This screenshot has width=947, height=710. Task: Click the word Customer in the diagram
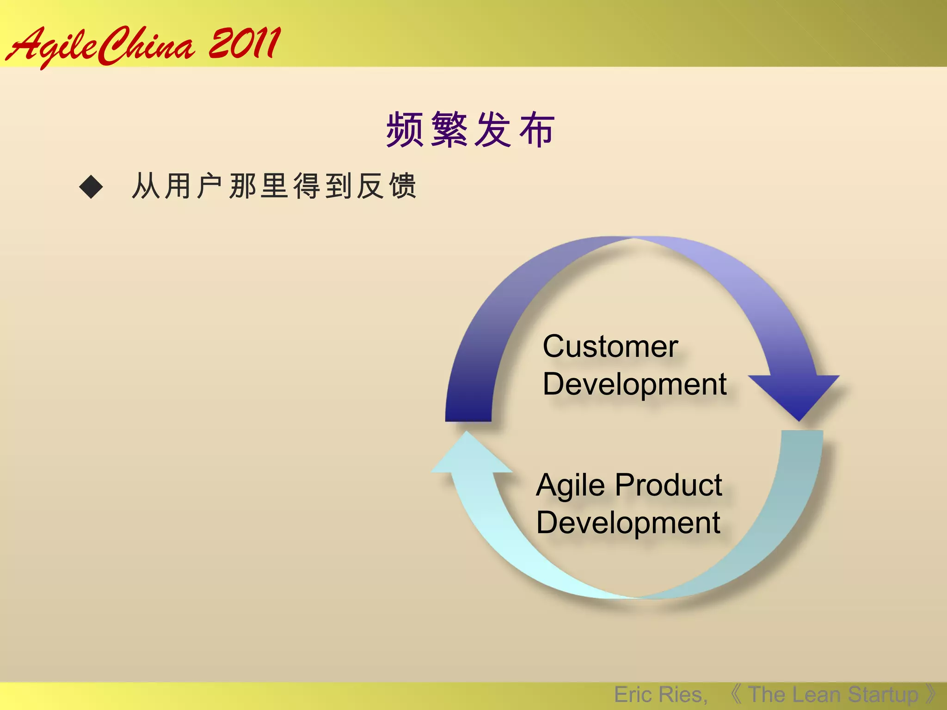[x=610, y=346]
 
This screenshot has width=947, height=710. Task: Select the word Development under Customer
[x=634, y=385]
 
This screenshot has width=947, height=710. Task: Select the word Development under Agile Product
[x=628, y=523]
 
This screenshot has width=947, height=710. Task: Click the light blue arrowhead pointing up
[x=469, y=455]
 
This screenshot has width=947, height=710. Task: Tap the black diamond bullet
[x=91, y=187]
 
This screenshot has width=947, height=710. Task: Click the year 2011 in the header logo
[x=244, y=44]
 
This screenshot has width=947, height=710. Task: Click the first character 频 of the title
[x=405, y=130]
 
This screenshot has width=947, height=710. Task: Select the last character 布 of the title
[x=536, y=130]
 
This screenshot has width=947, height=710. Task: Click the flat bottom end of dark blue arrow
[x=468, y=418]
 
